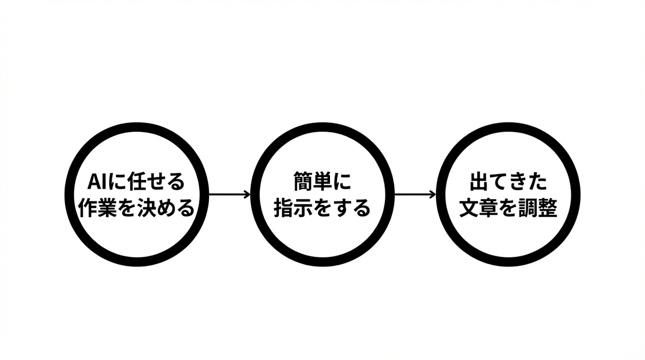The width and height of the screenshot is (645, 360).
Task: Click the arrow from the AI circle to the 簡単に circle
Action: click(x=228, y=194)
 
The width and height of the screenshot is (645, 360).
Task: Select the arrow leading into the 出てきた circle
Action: click(x=414, y=194)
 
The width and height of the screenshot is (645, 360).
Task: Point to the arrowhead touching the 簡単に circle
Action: click(x=248, y=194)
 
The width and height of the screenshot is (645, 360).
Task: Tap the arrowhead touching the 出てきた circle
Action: click(x=433, y=194)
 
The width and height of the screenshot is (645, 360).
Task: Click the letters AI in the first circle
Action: click(x=97, y=182)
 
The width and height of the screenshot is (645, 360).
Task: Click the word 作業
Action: click(x=97, y=208)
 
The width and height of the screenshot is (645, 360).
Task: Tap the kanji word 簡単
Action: click(x=313, y=182)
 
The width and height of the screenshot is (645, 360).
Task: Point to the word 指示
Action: click(x=293, y=208)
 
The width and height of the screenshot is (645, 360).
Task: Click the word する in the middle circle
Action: click(x=352, y=208)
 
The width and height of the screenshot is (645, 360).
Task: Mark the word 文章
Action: click(x=478, y=208)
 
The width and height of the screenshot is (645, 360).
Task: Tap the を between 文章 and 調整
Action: click(x=507, y=208)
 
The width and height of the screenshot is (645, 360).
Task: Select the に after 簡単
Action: click(x=342, y=182)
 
